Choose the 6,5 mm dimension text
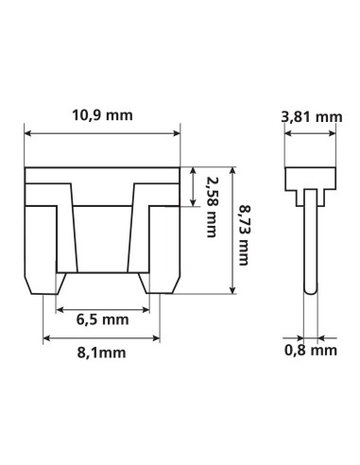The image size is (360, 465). pos(102,319)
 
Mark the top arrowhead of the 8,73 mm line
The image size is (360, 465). pos(231,171)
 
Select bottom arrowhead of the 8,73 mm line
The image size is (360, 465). pos(231,292)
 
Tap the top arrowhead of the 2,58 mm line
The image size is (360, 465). pos(194,171)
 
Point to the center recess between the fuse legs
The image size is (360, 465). pos(102,236)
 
